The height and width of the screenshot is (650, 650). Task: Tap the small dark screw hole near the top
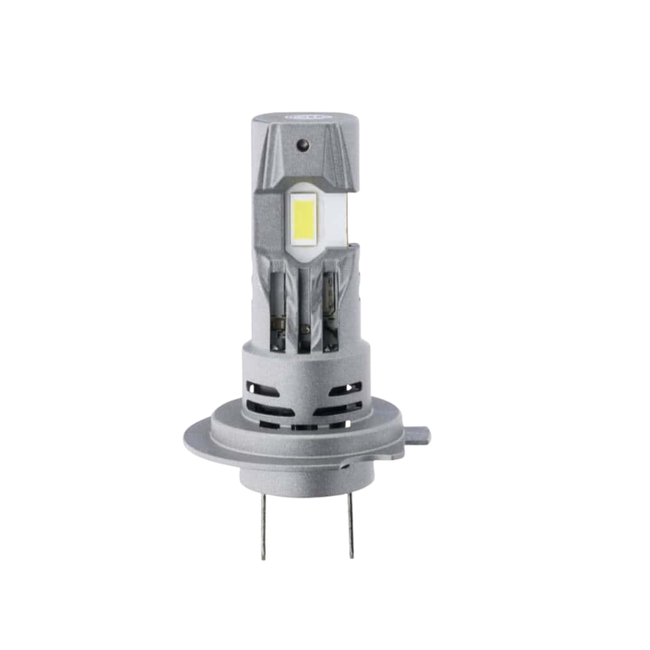(x=302, y=145)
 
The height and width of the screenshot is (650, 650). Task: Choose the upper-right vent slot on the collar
(x=344, y=389)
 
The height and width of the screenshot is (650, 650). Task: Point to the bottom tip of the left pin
(x=263, y=557)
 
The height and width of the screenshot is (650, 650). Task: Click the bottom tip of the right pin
(x=351, y=556)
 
